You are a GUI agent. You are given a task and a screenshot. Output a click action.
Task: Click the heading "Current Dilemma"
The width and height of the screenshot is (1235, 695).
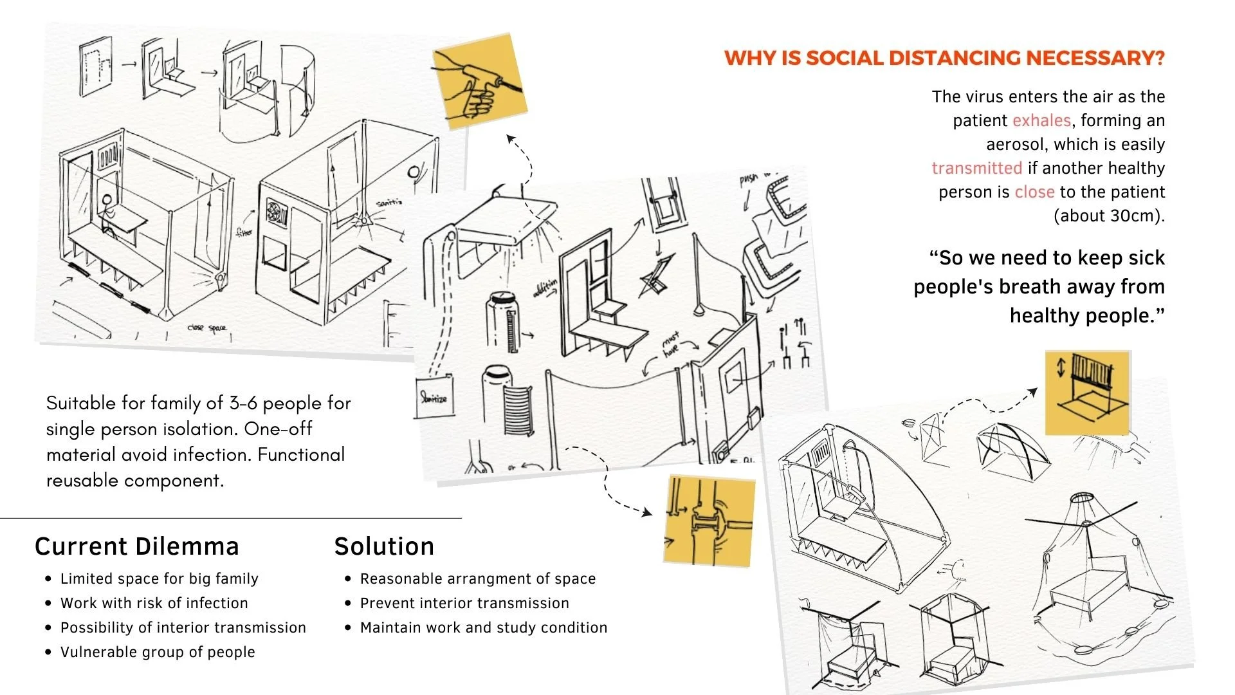[x=136, y=546]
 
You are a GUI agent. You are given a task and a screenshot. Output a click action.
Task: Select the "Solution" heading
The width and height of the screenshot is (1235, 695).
[x=384, y=546]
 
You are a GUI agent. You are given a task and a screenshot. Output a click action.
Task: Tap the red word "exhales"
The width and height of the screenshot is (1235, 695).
[x=1041, y=120]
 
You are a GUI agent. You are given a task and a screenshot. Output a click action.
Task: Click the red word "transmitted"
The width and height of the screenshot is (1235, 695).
[x=976, y=168]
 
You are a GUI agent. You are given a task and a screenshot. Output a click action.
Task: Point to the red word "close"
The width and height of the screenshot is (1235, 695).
[x=1034, y=192]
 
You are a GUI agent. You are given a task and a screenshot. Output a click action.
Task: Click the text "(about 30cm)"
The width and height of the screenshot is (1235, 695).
[x=1109, y=216]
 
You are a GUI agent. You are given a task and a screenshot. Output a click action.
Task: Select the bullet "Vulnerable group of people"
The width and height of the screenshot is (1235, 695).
[x=158, y=652]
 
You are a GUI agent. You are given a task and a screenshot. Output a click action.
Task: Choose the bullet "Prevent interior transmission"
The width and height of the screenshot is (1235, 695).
[x=464, y=603]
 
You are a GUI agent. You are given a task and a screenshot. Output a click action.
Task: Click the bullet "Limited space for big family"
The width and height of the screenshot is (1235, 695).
[x=159, y=579]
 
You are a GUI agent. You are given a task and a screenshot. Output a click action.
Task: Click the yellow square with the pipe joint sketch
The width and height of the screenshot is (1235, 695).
[x=709, y=521]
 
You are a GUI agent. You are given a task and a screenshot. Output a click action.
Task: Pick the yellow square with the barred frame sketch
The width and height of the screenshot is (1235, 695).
[x=1088, y=393]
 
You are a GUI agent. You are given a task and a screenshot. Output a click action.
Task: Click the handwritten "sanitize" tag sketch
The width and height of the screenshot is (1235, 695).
[x=434, y=398]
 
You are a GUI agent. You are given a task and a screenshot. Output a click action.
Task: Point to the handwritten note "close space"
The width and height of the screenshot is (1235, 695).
[x=207, y=328]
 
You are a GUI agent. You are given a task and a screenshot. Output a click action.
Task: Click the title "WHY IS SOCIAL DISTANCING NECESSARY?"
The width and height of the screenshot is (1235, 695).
[x=944, y=58]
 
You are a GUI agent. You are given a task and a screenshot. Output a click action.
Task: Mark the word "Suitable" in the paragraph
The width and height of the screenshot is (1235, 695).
[x=78, y=403]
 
